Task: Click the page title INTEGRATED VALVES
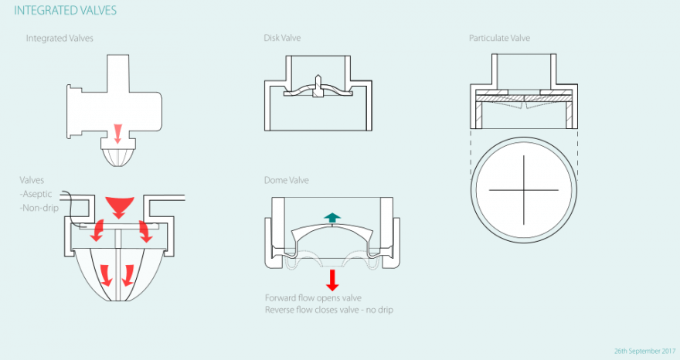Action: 66,12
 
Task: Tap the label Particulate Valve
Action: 499,38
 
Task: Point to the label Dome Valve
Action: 287,179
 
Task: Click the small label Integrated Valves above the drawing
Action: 59,38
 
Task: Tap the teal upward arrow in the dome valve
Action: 332,218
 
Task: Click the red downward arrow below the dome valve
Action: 332,279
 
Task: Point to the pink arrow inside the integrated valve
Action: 117,133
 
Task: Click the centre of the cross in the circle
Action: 525,190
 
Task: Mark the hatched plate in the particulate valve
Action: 525,98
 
